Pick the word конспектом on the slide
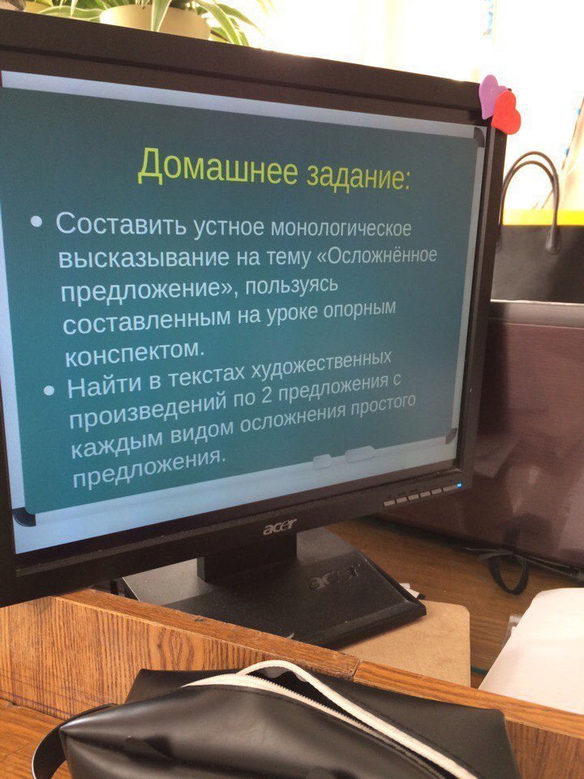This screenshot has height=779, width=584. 135,353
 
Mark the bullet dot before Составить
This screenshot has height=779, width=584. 36,221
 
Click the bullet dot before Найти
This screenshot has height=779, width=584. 49,390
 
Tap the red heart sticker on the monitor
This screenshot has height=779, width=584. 505,113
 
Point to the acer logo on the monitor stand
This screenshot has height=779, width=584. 333,575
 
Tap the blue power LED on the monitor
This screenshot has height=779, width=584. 459,485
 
